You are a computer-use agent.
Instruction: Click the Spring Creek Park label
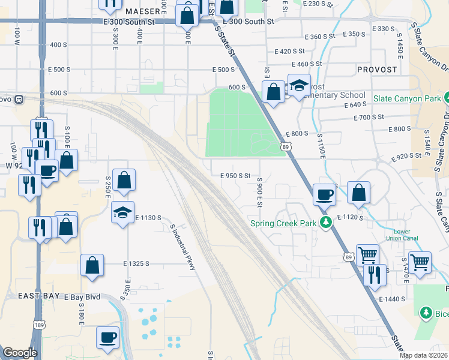tap(283, 223)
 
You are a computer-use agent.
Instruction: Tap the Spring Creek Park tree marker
tap(326, 223)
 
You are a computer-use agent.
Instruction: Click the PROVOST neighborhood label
tap(376, 70)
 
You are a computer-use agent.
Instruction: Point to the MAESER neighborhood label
tap(143, 11)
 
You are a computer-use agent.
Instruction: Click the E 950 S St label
tap(230, 176)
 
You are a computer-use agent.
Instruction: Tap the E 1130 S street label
tap(148, 217)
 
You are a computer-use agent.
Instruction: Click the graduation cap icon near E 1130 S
tap(122, 212)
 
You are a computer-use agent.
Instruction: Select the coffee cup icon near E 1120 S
tap(325, 194)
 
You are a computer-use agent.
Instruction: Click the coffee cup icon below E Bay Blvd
tap(108, 337)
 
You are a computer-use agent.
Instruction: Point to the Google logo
tap(20, 353)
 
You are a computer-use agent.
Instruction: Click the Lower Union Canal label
tap(405, 235)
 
